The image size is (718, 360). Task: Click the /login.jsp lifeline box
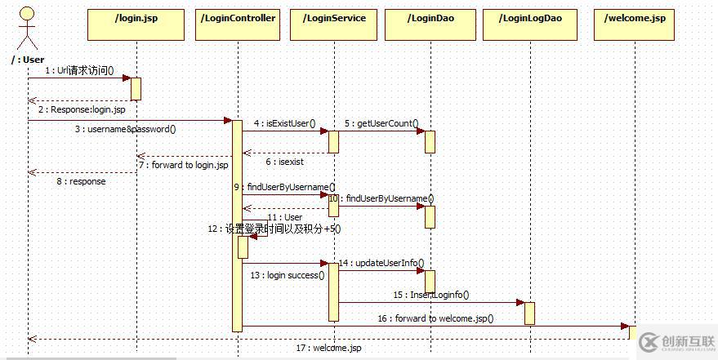point(136,24)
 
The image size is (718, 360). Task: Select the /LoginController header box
point(237,24)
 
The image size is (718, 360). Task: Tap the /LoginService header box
point(333,24)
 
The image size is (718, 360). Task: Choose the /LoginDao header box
point(430,24)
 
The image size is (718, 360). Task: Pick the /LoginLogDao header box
point(529,24)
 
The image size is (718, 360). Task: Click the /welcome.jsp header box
point(634,24)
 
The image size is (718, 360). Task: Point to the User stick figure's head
point(27,14)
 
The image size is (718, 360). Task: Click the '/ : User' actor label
point(29,60)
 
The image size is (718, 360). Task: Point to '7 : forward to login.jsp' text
point(182,166)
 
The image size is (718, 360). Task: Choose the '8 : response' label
point(80,181)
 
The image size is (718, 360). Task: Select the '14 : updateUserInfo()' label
point(381,263)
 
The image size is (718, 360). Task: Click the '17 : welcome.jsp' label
point(328,348)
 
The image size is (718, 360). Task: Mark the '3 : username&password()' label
point(125,128)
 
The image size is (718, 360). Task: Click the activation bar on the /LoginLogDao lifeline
point(529,313)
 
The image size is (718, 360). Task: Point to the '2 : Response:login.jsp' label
point(82,109)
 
